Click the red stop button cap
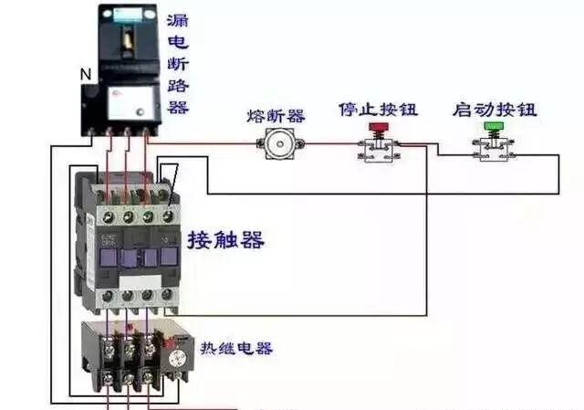pos(376,127)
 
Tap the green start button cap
pos(493,126)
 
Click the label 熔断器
pos(276,116)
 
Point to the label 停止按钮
pos(378,110)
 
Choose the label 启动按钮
pos(494,110)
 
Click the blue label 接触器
pos(226,241)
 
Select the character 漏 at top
pos(178,19)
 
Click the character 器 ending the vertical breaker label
pos(178,107)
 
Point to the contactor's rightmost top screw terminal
pos(168,216)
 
